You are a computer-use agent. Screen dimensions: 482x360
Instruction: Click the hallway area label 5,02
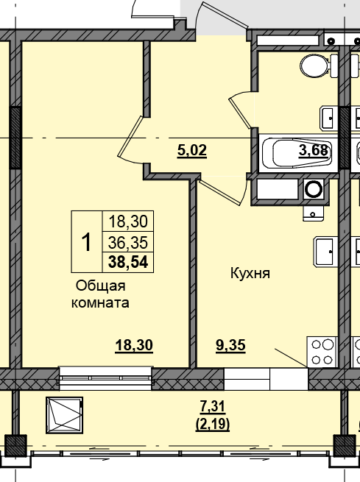click(x=192, y=152)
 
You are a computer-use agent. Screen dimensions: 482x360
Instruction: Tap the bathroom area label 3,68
click(x=313, y=152)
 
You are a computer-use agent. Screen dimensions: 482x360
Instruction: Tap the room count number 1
click(x=85, y=241)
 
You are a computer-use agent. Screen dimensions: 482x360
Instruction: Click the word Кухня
click(x=250, y=273)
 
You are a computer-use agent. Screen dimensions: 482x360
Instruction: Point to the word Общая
click(x=101, y=286)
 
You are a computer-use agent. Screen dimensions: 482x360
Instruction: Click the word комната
click(x=99, y=302)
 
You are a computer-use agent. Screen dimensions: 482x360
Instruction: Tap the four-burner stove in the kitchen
click(x=322, y=351)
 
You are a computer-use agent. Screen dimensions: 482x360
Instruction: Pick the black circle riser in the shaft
click(x=314, y=189)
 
